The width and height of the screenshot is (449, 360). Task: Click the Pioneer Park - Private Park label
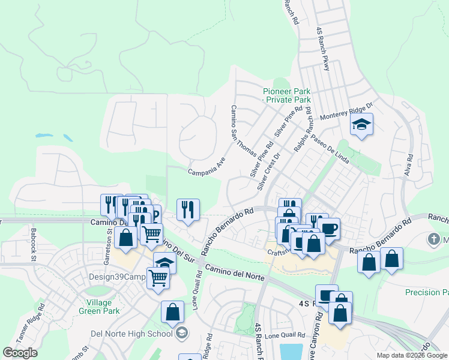click(x=287, y=95)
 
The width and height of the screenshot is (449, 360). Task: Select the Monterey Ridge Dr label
click(x=347, y=112)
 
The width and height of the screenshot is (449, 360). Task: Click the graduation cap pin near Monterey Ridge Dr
click(x=361, y=125)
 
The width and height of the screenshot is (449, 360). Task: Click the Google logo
click(x=20, y=353)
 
